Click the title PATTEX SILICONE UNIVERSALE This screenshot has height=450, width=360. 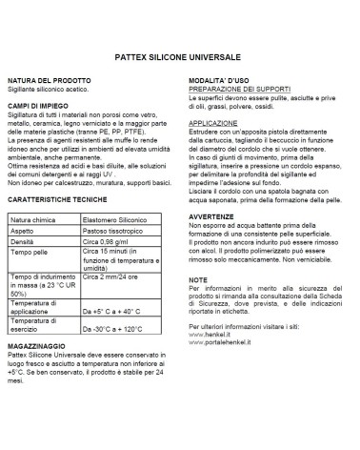click(x=179, y=55)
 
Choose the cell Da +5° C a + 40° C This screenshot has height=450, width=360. click(x=117, y=311)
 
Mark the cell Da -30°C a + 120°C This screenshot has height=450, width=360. click(x=118, y=331)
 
